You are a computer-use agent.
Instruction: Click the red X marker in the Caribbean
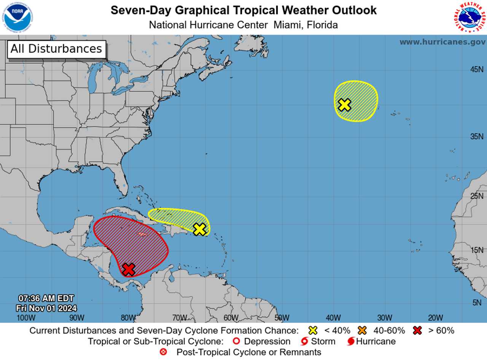pos(129,269)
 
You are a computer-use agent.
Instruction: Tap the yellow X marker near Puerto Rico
pos(199,229)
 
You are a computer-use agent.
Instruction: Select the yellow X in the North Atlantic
pos(344,105)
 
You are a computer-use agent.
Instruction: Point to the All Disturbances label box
pos(56,49)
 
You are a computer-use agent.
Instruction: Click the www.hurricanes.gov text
pos(442,42)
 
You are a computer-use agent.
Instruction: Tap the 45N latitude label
pos(477,70)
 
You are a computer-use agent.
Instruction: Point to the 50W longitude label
pos(282,318)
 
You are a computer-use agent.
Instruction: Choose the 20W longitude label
pos(435,318)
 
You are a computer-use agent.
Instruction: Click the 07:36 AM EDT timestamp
pos(46,298)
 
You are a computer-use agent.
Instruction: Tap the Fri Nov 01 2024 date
pos(46,308)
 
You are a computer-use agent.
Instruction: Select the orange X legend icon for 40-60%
pos(362,330)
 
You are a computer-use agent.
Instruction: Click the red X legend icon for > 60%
pos(417,330)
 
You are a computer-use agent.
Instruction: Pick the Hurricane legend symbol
pos(351,341)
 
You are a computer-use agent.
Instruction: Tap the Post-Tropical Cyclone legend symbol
pos(164,352)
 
